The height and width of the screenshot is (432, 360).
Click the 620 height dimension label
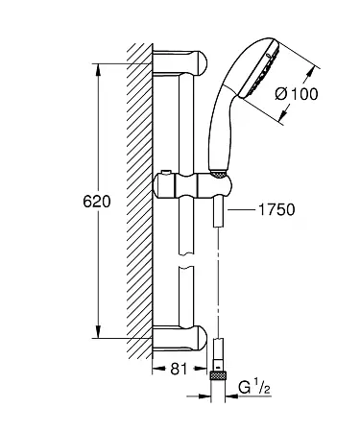pos(97,202)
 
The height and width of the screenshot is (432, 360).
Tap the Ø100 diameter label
pos(297,94)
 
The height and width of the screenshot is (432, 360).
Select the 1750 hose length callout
pos(276,210)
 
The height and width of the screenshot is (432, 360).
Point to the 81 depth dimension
pos(179,370)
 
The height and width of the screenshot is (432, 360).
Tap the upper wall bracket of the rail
pos(180,62)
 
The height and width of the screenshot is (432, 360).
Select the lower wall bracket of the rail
pos(180,339)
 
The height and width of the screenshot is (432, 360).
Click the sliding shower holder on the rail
pos(191,186)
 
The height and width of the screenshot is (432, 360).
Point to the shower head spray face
pos(260,69)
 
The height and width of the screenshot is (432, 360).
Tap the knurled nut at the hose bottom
pos(218,375)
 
